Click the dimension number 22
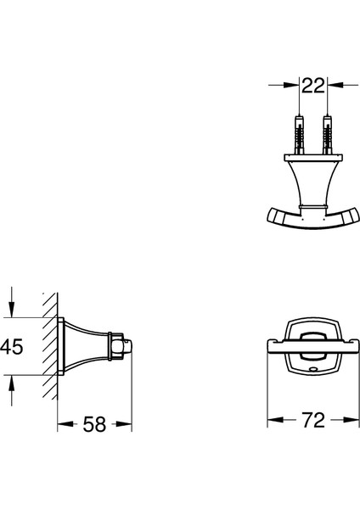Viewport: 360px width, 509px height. tap(313, 85)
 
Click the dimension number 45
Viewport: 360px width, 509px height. tap(12, 346)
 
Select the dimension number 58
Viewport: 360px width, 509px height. tap(94, 424)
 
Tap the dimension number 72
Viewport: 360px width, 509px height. tap(313, 420)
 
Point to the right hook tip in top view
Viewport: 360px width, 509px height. tap(354, 215)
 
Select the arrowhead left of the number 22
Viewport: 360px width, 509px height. tap(290, 85)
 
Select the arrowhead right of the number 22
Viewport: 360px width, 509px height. tap(335, 85)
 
